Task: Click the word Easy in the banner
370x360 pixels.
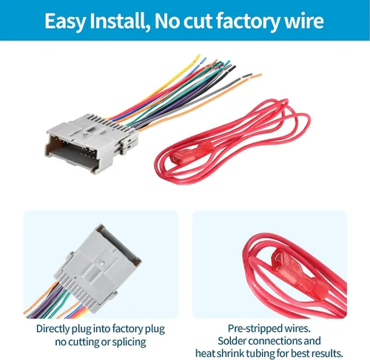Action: pos(65,21)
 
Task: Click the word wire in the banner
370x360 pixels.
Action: pos(304,21)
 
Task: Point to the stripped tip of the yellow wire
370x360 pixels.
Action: pos(198,57)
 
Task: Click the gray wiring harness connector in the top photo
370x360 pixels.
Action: pos(91,142)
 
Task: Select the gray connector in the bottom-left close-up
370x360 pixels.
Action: pos(98,268)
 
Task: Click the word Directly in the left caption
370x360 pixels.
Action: pos(53,330)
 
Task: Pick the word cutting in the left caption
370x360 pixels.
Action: pos(84,342)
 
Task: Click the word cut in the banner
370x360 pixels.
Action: pos(198,22)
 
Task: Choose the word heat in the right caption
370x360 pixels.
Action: pos(205,353)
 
